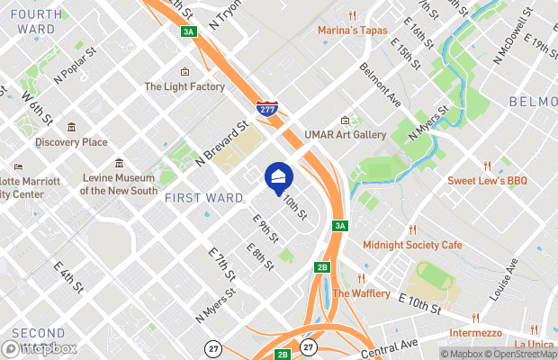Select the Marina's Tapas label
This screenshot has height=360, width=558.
pyautogui.click(x=352, y=30)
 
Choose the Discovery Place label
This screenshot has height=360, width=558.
pyautogui.click(x=71, y=141)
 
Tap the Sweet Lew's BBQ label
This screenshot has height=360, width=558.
pyautogui.click(x=488, y=181)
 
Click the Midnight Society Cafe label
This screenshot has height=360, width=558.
pyautogui.click(x=412, y=245)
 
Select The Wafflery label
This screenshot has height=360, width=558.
pyautogui.click(x=361, y=293)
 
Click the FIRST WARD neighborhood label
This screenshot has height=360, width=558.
pyautogui.click(x=203, y=197)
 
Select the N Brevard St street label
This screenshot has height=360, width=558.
pyautogui.click(x=220, y=145)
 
